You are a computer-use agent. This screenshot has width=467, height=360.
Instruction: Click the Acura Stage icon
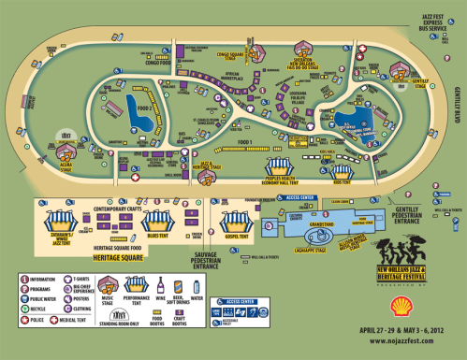click(66, 139)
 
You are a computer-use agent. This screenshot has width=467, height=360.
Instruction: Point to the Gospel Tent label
click(233, 238)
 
